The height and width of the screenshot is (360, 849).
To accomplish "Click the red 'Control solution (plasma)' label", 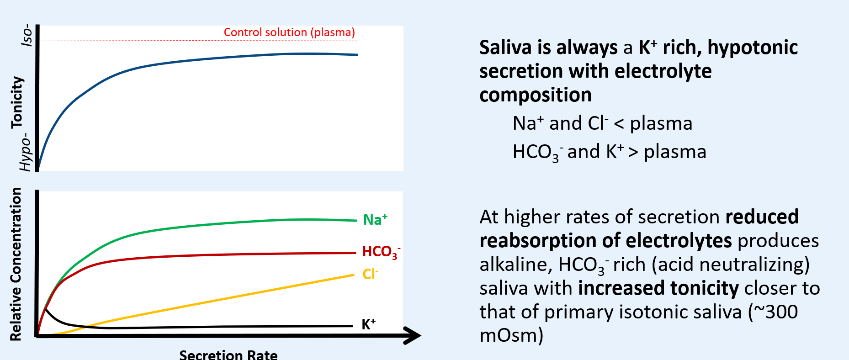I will (x=289, y=32).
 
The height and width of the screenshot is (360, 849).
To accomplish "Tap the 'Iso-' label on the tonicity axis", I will (x=27, y=35).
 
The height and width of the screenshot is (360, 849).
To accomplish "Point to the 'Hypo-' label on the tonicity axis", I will (x=26, y=152).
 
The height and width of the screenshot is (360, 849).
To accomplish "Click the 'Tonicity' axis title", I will (x=17, y=102).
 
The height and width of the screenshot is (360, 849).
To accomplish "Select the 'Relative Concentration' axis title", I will (x=16, y=264).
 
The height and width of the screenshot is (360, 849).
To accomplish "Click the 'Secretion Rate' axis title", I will (x=228, y=355).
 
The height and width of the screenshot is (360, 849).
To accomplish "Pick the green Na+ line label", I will (x=375, y=220).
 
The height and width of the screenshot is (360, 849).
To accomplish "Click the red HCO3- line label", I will (x=381, y=252).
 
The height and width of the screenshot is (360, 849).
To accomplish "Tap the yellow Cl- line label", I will (x=370, y=274).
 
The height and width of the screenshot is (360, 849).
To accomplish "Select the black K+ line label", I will (x=368, y=324).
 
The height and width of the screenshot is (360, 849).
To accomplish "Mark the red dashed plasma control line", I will (x=137, y=41).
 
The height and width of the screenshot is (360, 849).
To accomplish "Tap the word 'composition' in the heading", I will (x=535, y=95).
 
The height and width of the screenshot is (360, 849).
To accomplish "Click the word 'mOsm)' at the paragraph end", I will (x=511, y=335).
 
